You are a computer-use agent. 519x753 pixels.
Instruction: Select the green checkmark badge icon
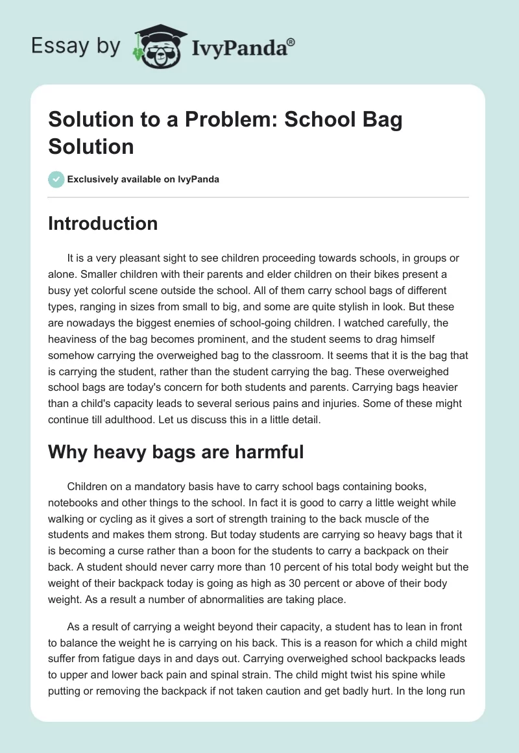pos(56,179)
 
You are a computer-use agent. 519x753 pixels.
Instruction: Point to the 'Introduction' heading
pos(103,223)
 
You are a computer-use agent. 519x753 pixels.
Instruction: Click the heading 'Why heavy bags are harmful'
pos(176,452)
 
